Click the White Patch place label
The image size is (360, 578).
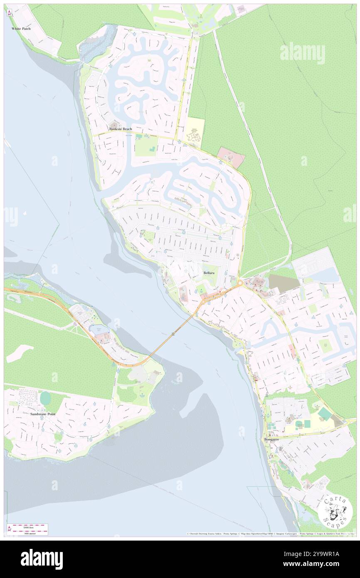click(21, 29)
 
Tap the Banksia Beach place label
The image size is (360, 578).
click(121, 129)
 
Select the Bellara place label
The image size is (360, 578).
click(209, 272)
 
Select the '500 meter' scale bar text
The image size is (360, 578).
click(28, 534)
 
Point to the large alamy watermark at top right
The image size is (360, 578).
click(302, 53)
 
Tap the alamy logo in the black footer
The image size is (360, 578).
click(42, 559)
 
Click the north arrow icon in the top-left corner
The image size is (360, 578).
click(10, 12)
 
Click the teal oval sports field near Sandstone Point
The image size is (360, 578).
click(45, 398)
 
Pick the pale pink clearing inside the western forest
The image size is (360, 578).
click(20, 353)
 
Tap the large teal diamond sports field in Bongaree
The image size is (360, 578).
click(325, 414)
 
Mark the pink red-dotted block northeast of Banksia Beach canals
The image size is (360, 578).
click(231, 157)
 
